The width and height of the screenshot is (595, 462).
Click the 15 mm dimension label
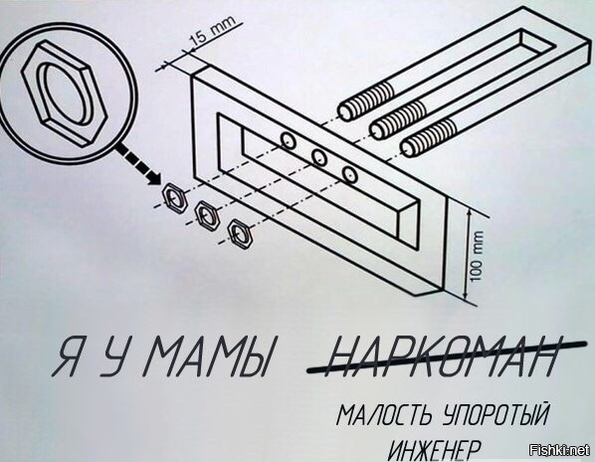pos(213,32)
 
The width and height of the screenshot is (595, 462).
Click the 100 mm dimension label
pos(478,256)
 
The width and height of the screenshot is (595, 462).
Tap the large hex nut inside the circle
pos(65,95)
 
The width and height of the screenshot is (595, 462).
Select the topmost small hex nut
pos(175,197)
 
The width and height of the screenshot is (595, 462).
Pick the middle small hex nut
pos(207,216)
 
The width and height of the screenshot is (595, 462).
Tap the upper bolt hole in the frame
pos(289,140)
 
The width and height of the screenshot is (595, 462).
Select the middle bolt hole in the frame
pos(319,157)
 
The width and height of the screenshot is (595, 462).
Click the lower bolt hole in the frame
pos(349,174)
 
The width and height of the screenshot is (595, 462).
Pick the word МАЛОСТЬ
pos(384,414)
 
